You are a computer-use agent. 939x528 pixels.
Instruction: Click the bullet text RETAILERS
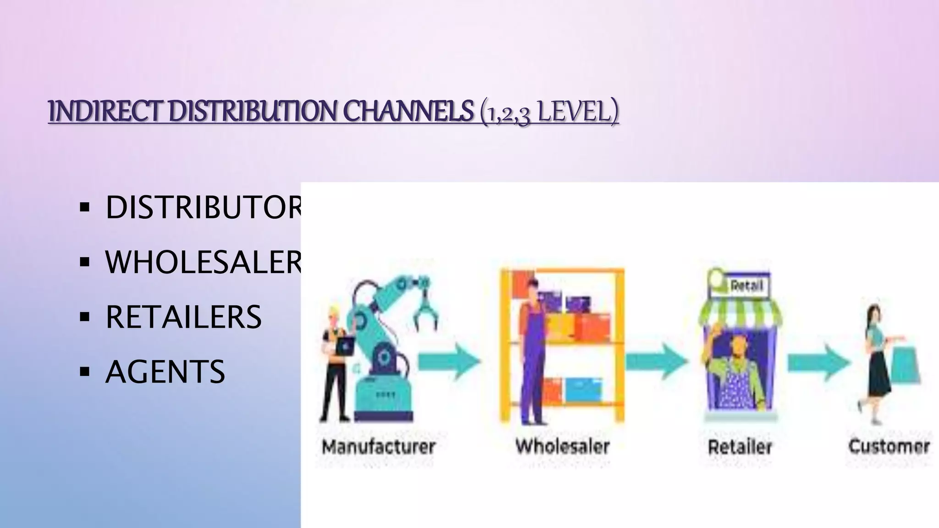click(x=183, y=317)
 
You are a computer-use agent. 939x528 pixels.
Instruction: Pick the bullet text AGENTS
click(x=165, y=371)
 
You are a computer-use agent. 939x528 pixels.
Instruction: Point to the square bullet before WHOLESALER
click(x=84, y=262)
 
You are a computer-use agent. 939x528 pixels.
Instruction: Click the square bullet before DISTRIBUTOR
click(x=84, y=208)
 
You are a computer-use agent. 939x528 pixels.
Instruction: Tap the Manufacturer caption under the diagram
click(x=378, y=446)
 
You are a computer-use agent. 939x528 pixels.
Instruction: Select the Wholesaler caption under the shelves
click(x=563, y=446)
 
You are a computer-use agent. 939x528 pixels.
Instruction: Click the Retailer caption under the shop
click(x=740, y=446)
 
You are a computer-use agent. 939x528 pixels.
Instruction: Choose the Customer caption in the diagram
click(x=889, y=446)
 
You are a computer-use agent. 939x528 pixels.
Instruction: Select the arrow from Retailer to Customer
click(x=819, y=362)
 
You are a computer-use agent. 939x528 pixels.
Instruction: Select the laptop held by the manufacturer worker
click(x=345, y=346)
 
